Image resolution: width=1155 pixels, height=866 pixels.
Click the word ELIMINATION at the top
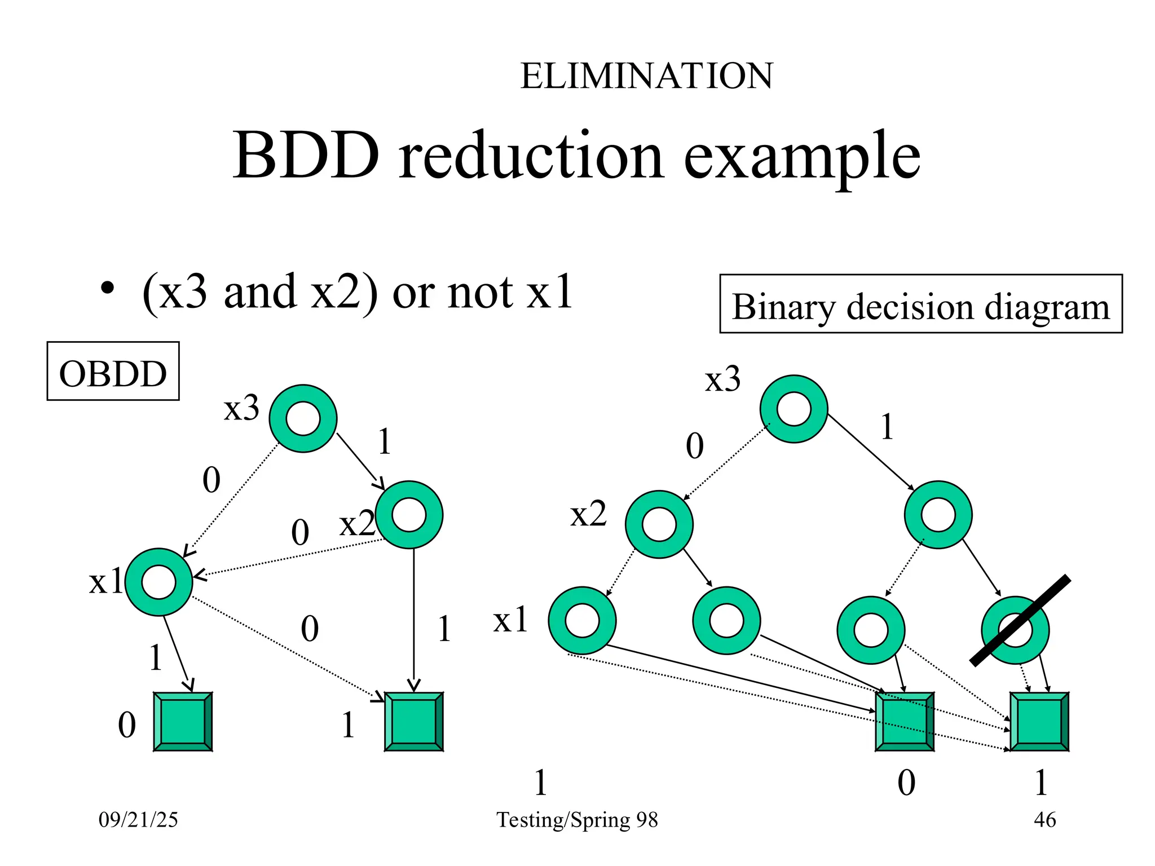click(646, 76)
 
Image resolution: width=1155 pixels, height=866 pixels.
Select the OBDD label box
click(113, 371)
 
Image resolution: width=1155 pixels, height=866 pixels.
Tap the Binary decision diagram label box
click(920, 304)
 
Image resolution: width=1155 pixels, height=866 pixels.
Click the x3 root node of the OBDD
click(303, 418)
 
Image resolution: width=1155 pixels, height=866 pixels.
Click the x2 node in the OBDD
click(409, 514)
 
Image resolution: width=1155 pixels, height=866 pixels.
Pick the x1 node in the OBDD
click(159, 582)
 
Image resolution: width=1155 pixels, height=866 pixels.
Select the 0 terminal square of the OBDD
click(183, 722)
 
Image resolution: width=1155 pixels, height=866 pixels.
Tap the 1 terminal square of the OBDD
click(413, 722)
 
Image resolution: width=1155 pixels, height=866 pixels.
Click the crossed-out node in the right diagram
click(1015, 630)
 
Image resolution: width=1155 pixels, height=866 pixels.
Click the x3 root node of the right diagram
click(793, 409)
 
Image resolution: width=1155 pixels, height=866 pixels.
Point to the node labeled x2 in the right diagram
click(659, 524)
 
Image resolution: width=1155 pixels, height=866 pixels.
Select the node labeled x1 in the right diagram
click(582, 620)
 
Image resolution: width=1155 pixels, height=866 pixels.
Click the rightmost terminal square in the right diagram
click(1039, 722)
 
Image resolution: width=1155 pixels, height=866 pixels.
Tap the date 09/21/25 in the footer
click(138, 819)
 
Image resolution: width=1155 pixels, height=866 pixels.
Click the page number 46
click(1044, 819)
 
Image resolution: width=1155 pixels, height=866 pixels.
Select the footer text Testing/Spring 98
click(577, 819)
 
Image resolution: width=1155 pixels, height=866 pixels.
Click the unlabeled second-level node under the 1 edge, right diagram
click(938, 514)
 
